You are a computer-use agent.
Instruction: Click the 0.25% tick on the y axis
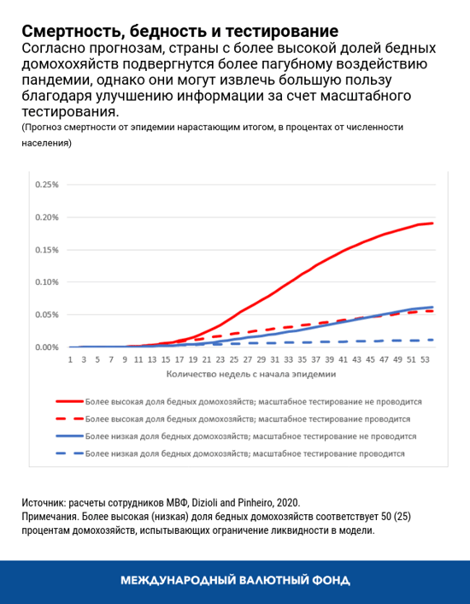coord(47,184)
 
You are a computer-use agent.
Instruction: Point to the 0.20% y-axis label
coord(47,216)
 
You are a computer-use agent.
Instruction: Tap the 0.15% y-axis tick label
coord(47,249)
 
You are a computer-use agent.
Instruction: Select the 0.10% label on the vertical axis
coord(47,281)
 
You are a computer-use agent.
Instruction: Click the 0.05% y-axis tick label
coord(47,314)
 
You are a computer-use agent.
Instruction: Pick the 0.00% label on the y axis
coord(47,347)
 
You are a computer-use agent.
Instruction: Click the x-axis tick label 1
coord(71,360)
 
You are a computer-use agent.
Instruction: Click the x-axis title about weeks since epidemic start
coord(249,374)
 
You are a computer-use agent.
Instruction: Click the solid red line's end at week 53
coord(432,223)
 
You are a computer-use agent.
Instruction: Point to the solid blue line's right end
coord(432,307)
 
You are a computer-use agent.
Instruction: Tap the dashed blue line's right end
coord(432,340)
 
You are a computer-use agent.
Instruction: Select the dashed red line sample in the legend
coord(69,418)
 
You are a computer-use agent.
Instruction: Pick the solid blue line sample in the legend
coord(69,436)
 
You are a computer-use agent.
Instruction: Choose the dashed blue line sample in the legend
coord(69,454)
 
